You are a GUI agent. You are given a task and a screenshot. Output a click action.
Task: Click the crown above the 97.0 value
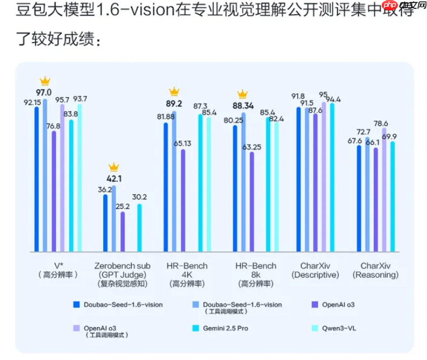pos(44,81)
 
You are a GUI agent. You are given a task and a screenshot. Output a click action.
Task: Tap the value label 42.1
pos(114,179)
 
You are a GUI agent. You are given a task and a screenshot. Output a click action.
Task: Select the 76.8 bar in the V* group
pos(54,190)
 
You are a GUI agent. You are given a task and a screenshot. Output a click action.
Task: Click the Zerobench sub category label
pos(122,265)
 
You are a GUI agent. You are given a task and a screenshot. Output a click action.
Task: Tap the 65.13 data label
pos(182,143)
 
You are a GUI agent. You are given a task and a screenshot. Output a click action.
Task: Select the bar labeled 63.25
pos(251,201)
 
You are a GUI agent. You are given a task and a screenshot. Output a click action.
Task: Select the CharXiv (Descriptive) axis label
pos(315,270)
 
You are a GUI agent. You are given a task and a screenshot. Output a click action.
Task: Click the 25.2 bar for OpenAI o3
pos(123,232)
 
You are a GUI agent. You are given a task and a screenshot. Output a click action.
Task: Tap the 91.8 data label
pos(298,96)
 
